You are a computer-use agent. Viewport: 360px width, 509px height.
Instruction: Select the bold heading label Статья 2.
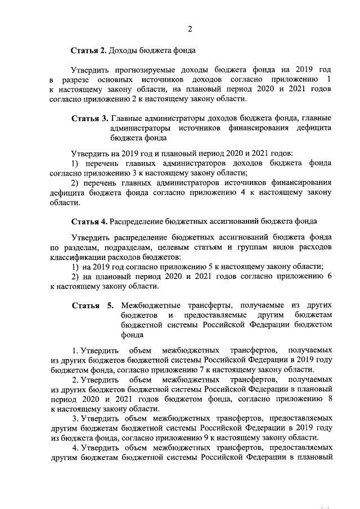pyautogui.click(x=88, y=51)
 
